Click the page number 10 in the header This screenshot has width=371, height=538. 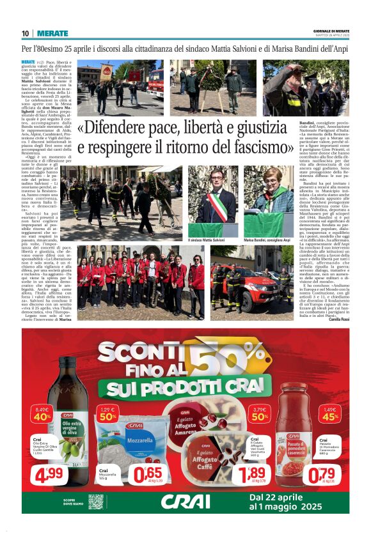pos(26,33)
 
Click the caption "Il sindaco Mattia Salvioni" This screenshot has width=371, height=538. pos(206,240)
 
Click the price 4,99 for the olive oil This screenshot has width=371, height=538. pos(49,475)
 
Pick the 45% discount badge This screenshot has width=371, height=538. pos(329,413)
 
